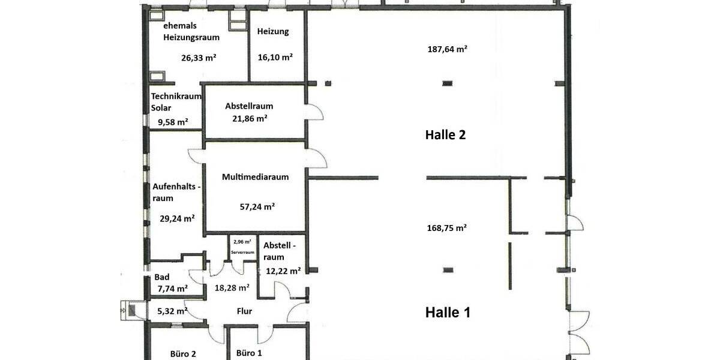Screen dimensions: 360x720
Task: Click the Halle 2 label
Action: [x=445, y=135]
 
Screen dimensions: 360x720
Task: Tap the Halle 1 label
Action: [x=448, y=312]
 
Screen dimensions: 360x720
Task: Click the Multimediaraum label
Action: [x=255, y=177]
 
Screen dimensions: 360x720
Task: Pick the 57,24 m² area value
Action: [x=257, y=206]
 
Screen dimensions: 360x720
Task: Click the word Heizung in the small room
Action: [x=272, y=32]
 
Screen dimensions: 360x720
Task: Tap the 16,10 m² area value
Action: [x=275, y=58]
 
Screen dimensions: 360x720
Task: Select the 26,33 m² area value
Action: [x=199, y=58]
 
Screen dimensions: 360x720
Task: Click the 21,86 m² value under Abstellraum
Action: [x=249, y=119]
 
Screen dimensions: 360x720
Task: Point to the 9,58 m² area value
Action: [x=173, y=122]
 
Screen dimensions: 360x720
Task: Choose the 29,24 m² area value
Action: [x=177, y=218]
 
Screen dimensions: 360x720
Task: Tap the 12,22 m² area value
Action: [x=283, y=271]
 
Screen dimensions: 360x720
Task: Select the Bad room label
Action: [x=162, y=277]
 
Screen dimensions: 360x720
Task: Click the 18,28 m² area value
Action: [x=232, y=288]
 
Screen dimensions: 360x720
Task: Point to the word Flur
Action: [x=244, y=311]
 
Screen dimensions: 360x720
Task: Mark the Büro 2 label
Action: [x=184, y=353]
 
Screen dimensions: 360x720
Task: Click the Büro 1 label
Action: [x=249, y=353]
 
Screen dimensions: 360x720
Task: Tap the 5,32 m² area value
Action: [x=172, y=311]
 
